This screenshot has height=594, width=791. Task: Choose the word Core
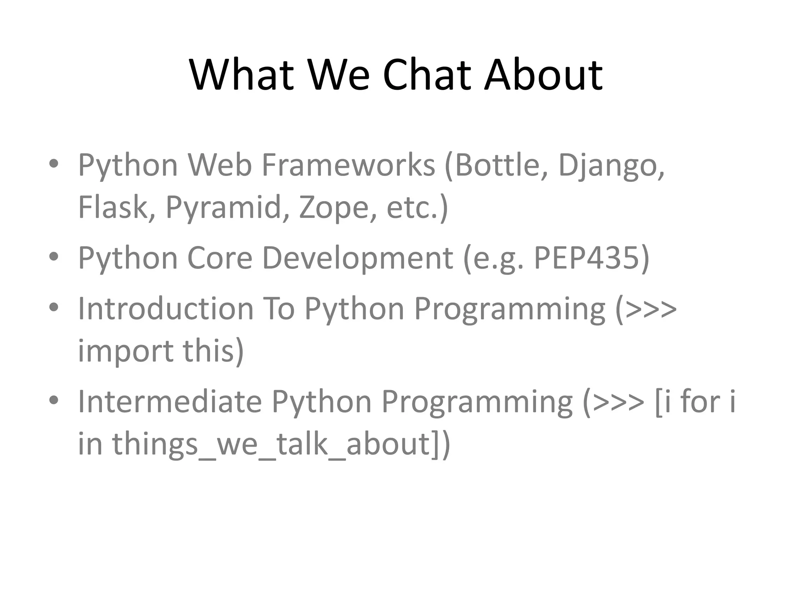(219, 258)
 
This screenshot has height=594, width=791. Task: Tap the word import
(126, 351)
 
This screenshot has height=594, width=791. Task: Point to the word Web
(219, 165)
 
